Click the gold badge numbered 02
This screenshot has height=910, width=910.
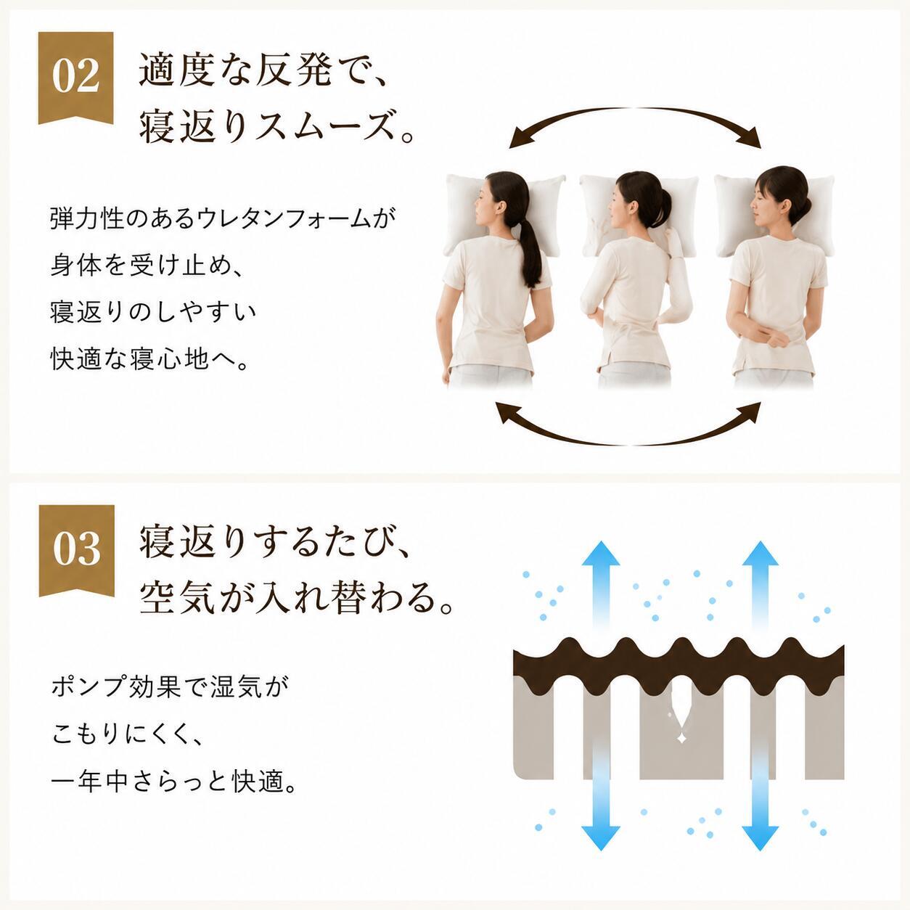(x=75, y=75)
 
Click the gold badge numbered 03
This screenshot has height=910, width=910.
(x=76, y=548)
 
